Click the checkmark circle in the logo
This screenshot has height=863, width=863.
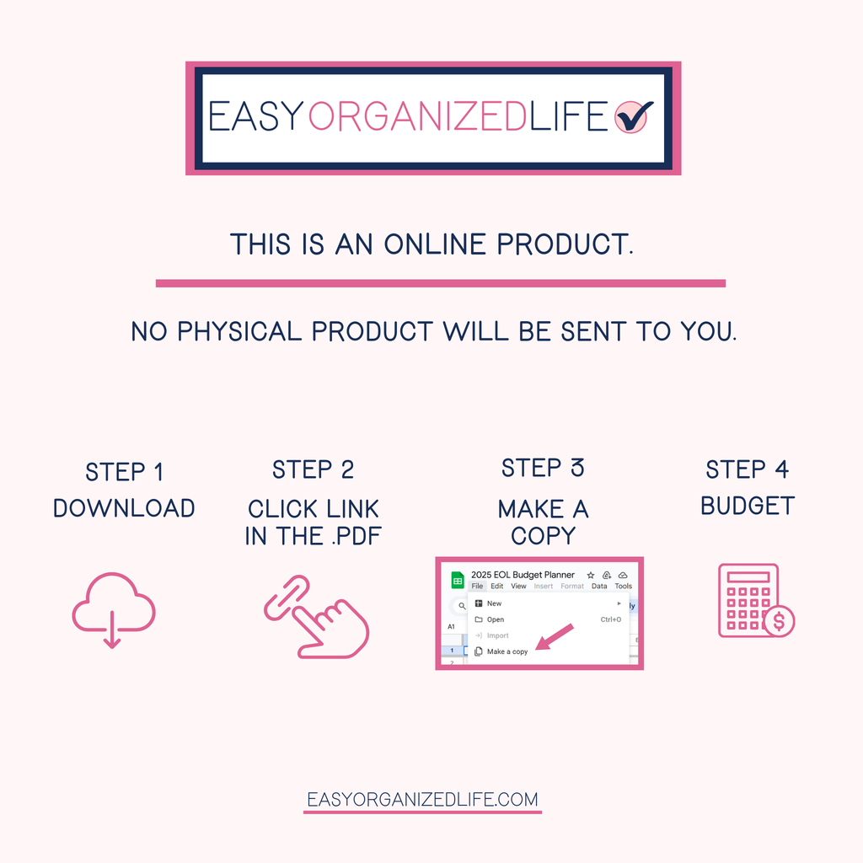tap(633, 117)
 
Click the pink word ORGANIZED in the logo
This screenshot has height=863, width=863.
tap(417, 118)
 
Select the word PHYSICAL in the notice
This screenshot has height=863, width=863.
tap(244, 331)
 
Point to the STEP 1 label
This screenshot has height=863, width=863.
tap(124, 472)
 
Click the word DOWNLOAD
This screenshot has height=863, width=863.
tap(124, 508)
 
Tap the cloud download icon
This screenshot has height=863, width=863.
tap(113, 609)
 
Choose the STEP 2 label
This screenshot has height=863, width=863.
tap(313, 469)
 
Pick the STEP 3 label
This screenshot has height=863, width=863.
tap(543, 468)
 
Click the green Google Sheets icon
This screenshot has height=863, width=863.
tap(458, 580)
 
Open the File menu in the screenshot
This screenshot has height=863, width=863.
tap(478, 586)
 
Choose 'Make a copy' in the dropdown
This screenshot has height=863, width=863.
tap(507, 651)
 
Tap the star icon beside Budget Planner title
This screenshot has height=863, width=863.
tap(590, 575)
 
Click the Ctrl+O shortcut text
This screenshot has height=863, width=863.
tap(610, 619)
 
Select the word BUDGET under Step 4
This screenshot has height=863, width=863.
tap(748, 506)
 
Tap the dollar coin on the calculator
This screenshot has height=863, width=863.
tap(778, 621)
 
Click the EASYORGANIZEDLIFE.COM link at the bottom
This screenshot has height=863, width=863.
tap(422, 800)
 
